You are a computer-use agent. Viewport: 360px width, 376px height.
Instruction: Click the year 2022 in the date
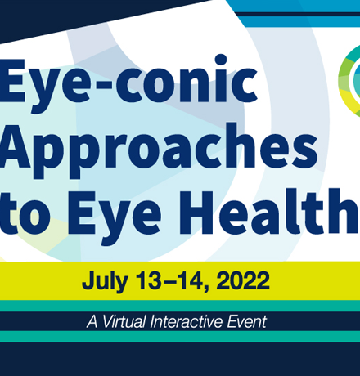click(x=243, y=280)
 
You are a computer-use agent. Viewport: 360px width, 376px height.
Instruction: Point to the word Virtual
click(x=124, y=321)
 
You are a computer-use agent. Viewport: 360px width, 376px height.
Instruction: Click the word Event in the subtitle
click(x=246, y=321)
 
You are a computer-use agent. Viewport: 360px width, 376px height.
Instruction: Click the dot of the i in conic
click(x=221, y=60)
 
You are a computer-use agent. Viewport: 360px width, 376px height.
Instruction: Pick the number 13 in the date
click(x=149, y=280)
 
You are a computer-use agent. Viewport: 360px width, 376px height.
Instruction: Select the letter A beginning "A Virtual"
click(x=92, y=321)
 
